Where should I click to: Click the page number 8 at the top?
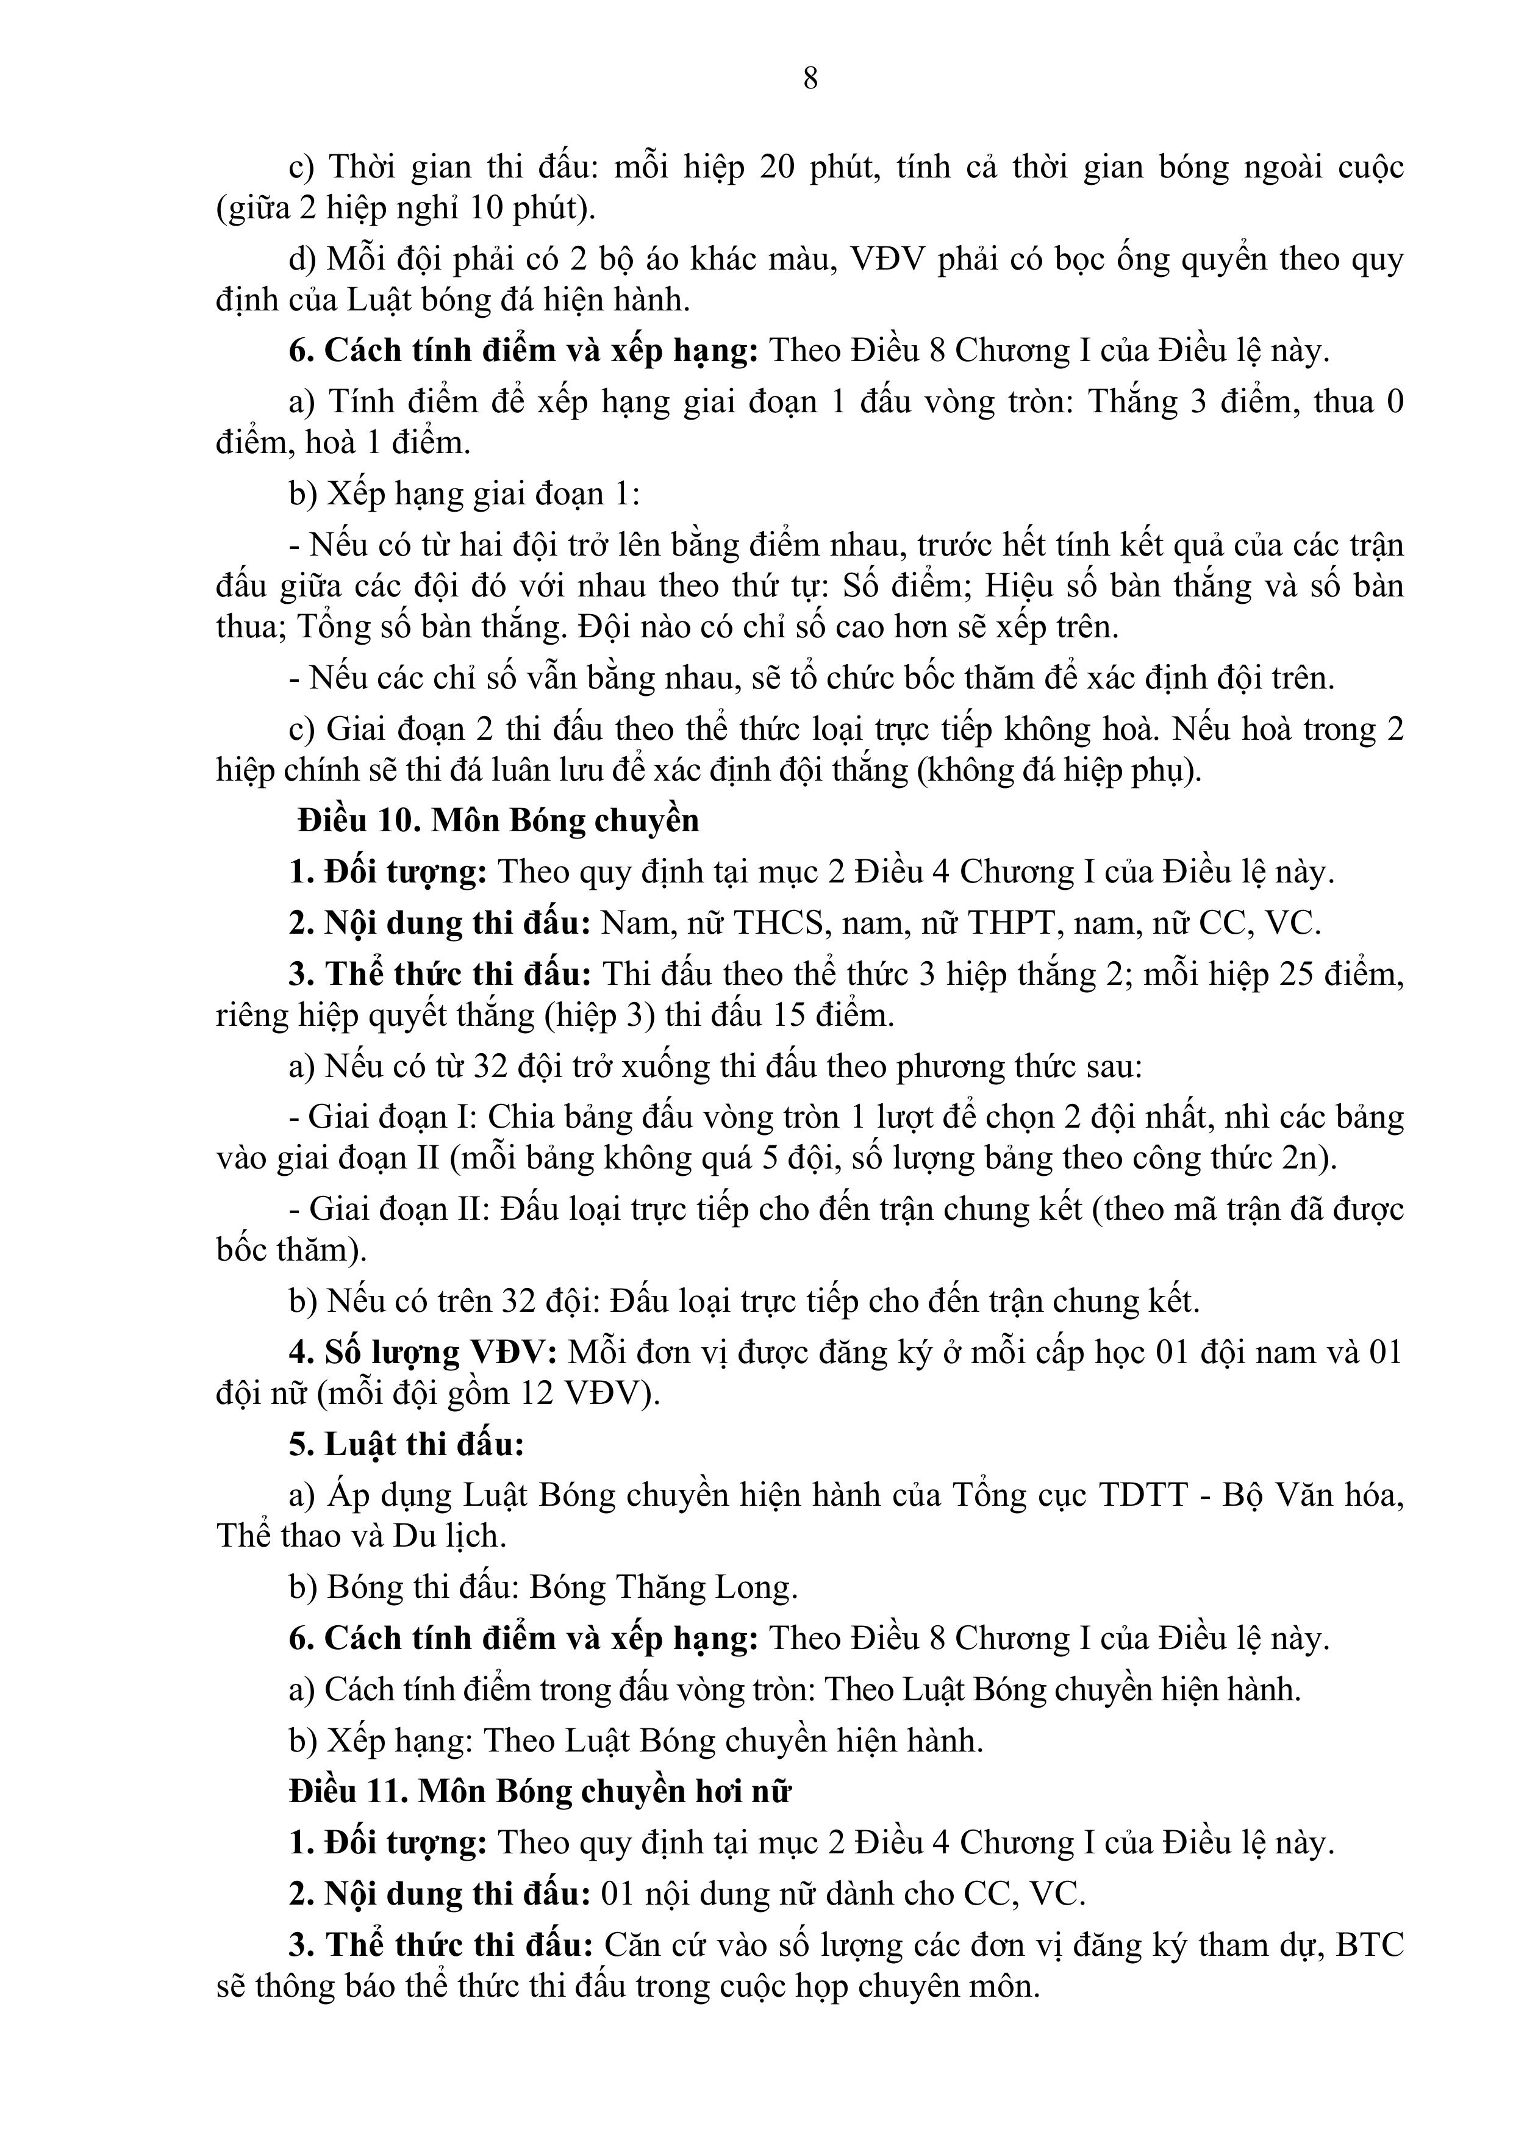tap(810, 79)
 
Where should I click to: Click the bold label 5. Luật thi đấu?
tap(406, 1444)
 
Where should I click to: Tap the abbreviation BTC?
tap(1370, 1944)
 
